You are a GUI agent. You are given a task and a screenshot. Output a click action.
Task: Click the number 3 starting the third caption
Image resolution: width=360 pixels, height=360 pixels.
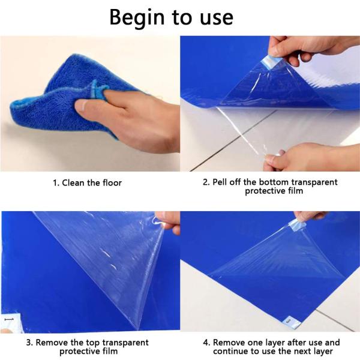[28, 343]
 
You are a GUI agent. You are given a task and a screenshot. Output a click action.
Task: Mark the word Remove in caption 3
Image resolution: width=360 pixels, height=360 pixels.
[51, 343]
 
